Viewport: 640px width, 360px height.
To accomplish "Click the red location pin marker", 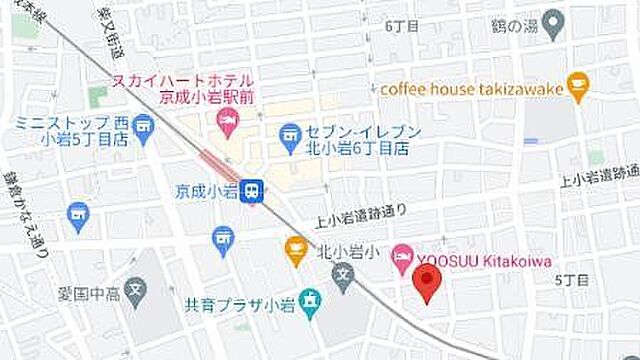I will coord(429,283).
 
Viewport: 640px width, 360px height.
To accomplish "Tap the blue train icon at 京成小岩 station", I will coord(254,191).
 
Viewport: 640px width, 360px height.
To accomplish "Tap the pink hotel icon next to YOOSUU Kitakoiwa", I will coord(401,256).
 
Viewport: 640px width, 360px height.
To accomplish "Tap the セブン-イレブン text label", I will coord(357,131).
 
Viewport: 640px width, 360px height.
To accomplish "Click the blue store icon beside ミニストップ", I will coord(146,127).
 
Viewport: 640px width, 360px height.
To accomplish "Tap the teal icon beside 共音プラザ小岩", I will coord(310,299).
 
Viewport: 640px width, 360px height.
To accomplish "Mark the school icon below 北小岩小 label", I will coord(342,274).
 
